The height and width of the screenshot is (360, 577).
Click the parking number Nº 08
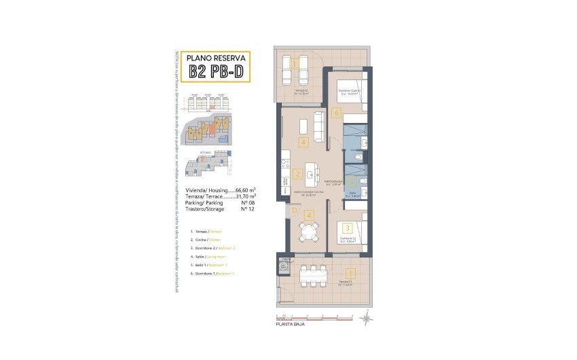[x=246, y=202]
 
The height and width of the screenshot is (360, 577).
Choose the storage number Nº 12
[x=246, y=209]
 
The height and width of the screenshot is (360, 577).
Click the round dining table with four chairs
[x=309, y=232]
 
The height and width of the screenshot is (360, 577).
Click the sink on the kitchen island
[x=310, y=175]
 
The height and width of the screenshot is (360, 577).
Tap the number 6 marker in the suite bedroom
[x=336, y=113]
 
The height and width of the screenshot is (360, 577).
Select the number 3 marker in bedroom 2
[x=346, y=228]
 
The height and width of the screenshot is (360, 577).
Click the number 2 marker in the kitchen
[x=298, y=173]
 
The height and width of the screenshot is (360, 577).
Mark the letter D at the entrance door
[x=294, y=211]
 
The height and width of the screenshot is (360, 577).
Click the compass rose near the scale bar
[x=367, y=317]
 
